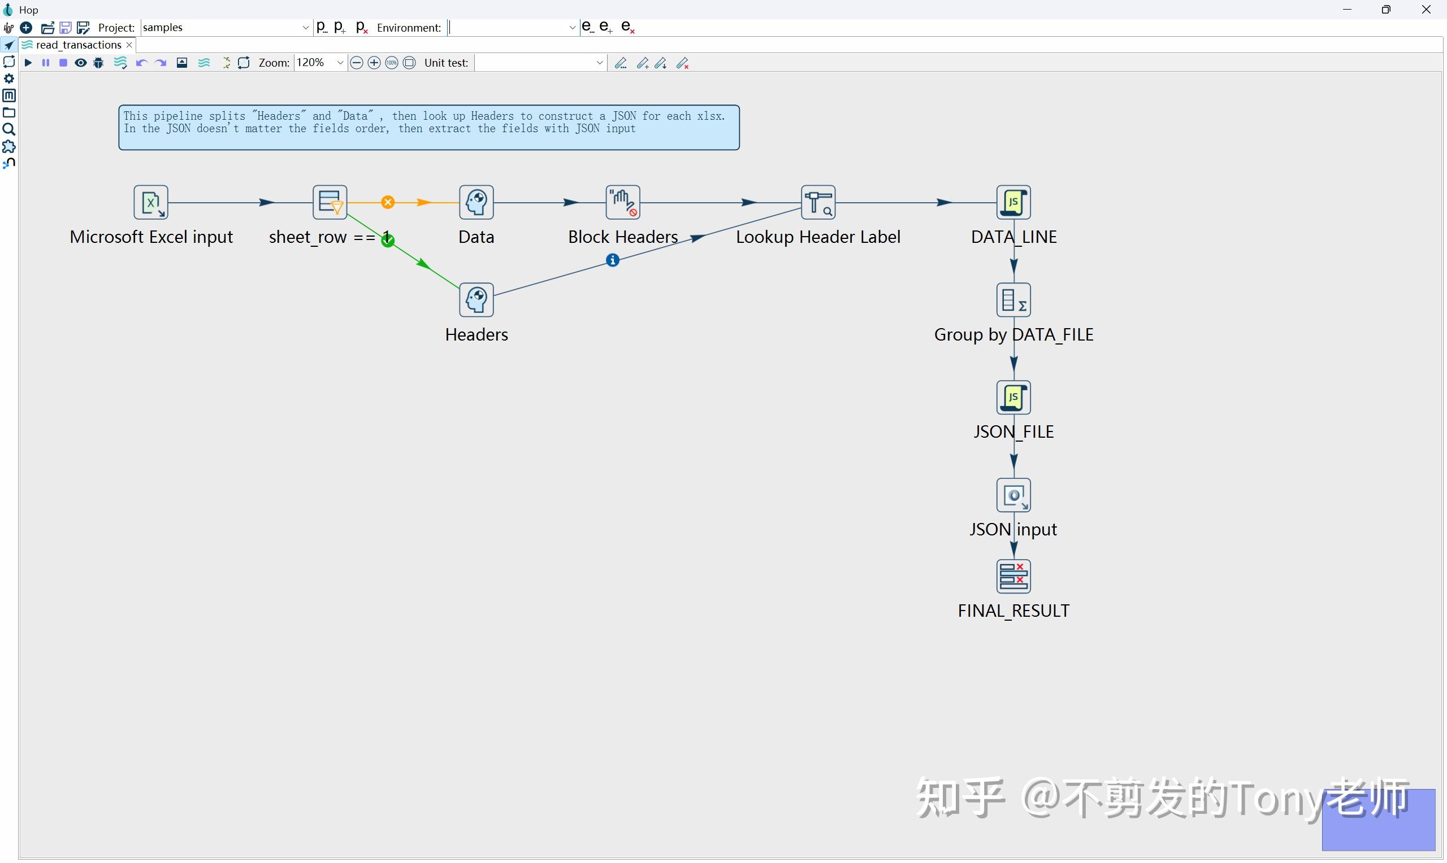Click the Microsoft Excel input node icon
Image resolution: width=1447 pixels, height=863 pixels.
click(151, 202)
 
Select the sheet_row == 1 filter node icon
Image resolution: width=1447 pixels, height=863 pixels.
click(330, 202)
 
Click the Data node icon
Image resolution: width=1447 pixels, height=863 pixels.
click(476, 202)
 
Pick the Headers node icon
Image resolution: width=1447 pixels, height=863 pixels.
click(476, 300)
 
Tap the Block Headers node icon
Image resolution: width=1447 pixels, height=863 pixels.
click(622, 202)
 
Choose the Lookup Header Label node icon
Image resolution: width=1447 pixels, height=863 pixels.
click(818, 202)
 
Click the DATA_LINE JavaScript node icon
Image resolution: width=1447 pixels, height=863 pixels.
click(1013, 202)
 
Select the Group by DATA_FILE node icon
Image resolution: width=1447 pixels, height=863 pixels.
click(1013, 300)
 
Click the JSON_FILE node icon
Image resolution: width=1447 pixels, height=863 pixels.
click(1013, 398)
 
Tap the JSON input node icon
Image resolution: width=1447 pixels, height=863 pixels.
click(1013, 495)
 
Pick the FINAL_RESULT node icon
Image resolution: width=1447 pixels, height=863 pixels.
click(1013, 577)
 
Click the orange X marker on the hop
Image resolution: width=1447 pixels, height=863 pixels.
click(388, 202)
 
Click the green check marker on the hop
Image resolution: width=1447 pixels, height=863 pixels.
click(388, 240)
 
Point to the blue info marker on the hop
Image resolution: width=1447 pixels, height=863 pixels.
click(612, 260)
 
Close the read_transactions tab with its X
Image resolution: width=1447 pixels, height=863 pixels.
click(129, 45)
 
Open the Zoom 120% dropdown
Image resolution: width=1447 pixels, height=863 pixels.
click(340, 63)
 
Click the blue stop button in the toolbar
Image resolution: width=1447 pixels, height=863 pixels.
click(63, 63)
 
